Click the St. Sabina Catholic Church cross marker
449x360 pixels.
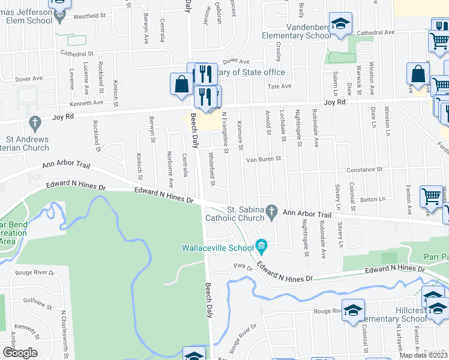(272, 211)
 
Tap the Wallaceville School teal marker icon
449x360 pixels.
(261, 245)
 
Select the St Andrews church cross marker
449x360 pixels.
(35, 124)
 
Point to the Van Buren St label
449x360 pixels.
(262, 160)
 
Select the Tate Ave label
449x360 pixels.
(279, 86)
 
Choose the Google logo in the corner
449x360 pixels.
(20, 353)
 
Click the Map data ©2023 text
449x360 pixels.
(424, 355)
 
